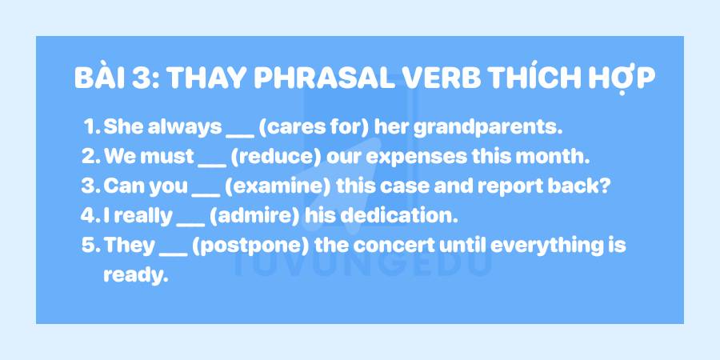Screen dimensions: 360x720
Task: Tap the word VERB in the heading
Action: (445, 80)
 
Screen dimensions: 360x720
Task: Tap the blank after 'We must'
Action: (211, 159)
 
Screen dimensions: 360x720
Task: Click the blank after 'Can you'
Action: (206, 189)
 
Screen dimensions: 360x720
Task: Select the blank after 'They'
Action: (174, 248)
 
